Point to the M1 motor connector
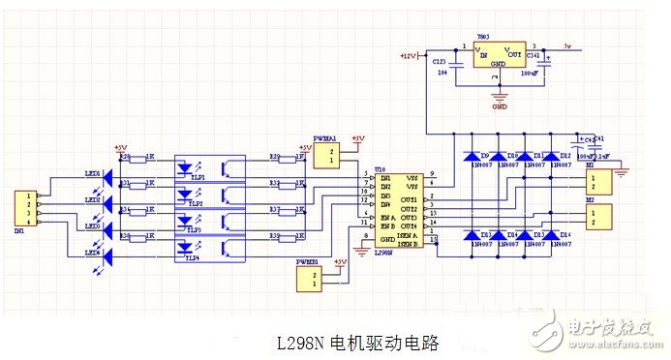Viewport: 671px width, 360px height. click(x=601, y=181)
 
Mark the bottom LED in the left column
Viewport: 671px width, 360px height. click(x=108, y=256)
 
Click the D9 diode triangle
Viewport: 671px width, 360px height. click(x=472, y=155)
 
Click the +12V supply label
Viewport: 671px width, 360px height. click(x=407, y=56)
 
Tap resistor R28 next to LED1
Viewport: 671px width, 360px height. click(x=137, y=158)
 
